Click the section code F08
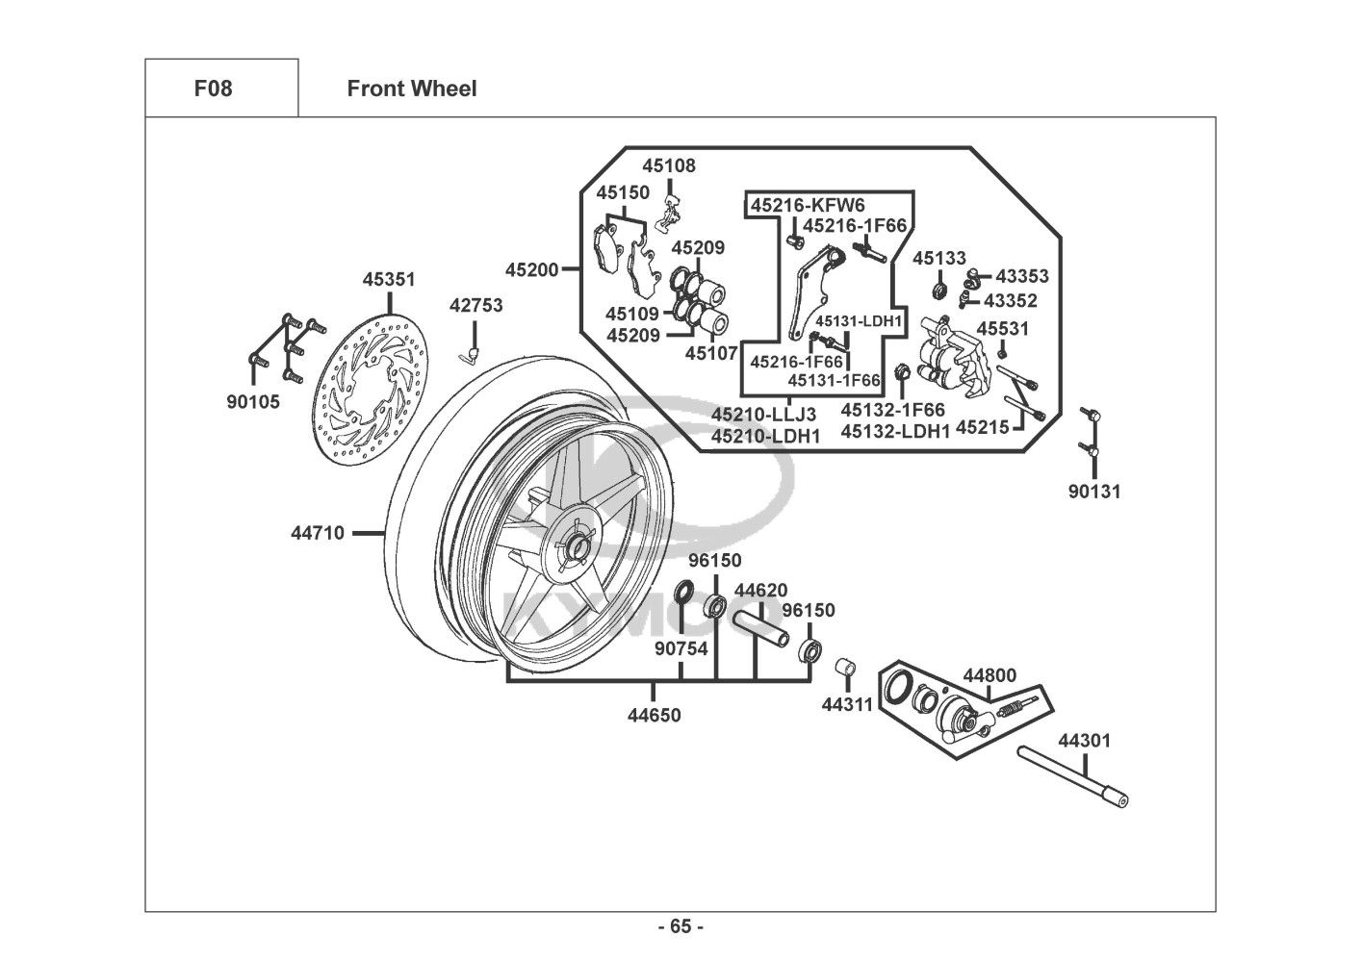[x=213, y=89]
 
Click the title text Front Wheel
[x=411, y=89]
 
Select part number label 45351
[x=389, y=280]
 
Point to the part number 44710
[x=318, y=532]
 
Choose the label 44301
[x=1084, y=741]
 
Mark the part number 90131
[x=1094, y=492]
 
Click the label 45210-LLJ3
[x=764, y=415]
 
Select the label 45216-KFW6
[x=808, y=205]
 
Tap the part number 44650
[x=654, y=715]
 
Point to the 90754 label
[x=681, y=648]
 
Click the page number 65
[x=681, y=927]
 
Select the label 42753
[x=475, y=305]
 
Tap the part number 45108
[x=669, y=165]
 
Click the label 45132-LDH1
[x=895, y=432]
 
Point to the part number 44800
[x=989, y=675]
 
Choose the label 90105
[x=253, y=402]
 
